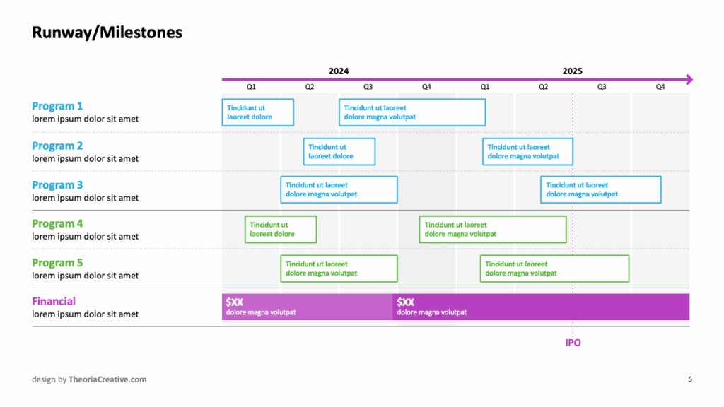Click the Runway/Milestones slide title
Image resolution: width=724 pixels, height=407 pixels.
click(x=107, y=33)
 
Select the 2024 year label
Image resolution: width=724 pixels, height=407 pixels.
click(x=339, y=71)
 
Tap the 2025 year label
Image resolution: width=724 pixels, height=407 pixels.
click(x=572, y=71)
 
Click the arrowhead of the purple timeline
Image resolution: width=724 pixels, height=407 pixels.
click(x=689, y=79)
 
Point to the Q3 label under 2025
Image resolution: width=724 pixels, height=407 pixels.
click(x=602, y=87)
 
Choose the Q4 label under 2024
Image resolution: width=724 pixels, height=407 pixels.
click(x=426, y=87)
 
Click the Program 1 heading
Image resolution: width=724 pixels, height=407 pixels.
click(x=57, y=106)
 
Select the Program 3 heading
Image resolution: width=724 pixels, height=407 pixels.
click(x=57, y=185)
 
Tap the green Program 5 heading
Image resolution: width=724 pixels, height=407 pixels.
click(x=57, y=263)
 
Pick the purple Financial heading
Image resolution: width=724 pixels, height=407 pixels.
click(x=54, y=301)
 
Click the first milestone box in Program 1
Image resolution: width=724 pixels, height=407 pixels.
click(x=257, y=112)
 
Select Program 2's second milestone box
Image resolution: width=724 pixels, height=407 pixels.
click(x=527, y=151)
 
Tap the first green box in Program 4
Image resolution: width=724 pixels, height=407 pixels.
click(x=281, y=230)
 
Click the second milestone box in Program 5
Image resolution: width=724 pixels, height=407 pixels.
click(x=554, y=269)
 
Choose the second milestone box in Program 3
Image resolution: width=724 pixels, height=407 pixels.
click(x=601, y=189)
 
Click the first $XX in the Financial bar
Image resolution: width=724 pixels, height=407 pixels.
click(x=235, y=302)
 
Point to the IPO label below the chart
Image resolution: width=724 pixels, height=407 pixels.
click(x=573, y=343)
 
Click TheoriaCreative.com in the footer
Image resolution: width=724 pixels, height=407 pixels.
click(x=107, y=379)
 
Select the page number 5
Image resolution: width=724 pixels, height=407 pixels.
click(x=690, y=379)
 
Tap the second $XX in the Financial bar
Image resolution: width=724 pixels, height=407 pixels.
click(x=405, y=302)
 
